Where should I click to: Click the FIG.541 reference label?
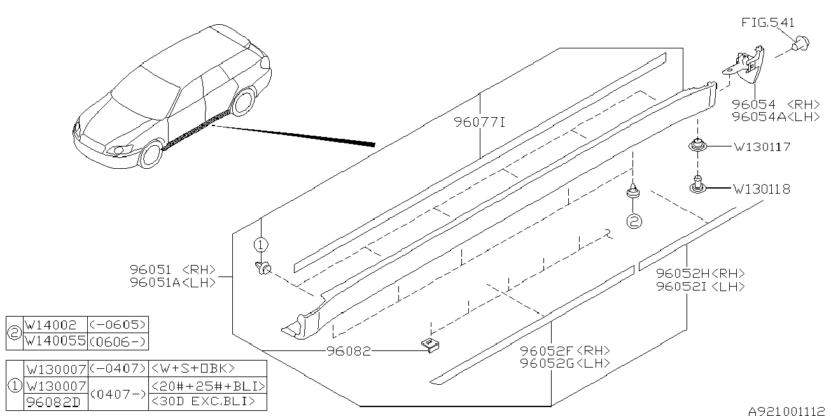(x=767, y=23)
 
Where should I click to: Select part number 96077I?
(x=479, y=122)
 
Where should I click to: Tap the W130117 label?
(x=762, y=147)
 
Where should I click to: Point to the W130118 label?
(x=762, y=189)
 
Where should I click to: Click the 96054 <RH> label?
(x=776, y=104)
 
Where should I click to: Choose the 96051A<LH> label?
(x=172, y=283)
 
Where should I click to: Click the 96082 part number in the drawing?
(x=349, y=351)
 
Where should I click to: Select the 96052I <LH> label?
(x=701, y=287)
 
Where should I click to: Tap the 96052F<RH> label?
(x=564, y=350)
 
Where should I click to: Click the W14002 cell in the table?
(x=50, y=325)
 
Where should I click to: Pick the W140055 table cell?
(x=55, y=341)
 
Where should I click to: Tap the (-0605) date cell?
(x=117, y=325)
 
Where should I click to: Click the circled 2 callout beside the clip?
(x=634, y=221)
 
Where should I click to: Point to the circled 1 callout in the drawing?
(x=261, y=245)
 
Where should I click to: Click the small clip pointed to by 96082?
(x=430, y=345)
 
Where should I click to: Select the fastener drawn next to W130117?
(x=698, y=146)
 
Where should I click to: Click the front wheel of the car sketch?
(x=151, y=154)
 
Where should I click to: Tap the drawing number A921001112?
(x=786, y=411)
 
